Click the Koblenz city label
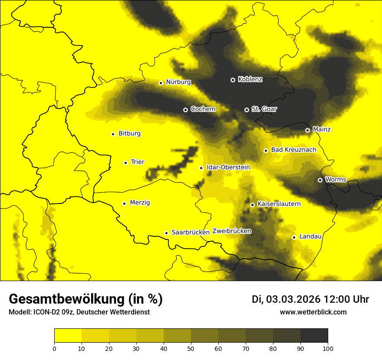pos(250,79)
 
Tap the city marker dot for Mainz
pos(307,130)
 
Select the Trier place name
pos(137,162)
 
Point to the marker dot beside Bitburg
pos(113,134)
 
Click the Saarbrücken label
pos(191,232)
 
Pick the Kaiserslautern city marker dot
pos(252,205)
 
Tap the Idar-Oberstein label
pos(228,167)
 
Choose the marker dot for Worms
pos(320,180)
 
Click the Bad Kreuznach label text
pos(293,150)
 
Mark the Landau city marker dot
pos(294,237)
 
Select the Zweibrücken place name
pos(232,231)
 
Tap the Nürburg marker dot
pos(161,83)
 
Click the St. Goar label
pos(264,109)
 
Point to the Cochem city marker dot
pos(185,110)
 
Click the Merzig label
pos(140,203)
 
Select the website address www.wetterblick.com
pos(313,312)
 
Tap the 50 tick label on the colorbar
pos(191,348)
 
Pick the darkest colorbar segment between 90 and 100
pos(314,335)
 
